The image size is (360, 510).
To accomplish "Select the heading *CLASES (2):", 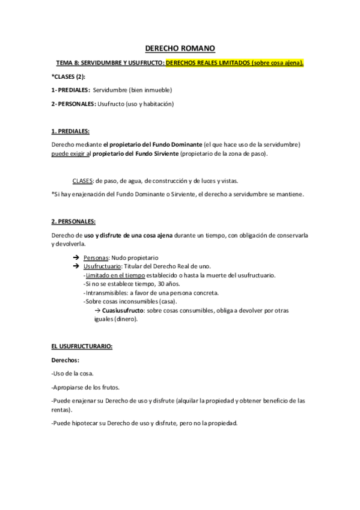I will [69, 77].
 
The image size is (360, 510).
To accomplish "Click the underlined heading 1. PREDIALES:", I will [70, 131].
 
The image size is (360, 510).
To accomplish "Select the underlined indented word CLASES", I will [82, 180].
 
